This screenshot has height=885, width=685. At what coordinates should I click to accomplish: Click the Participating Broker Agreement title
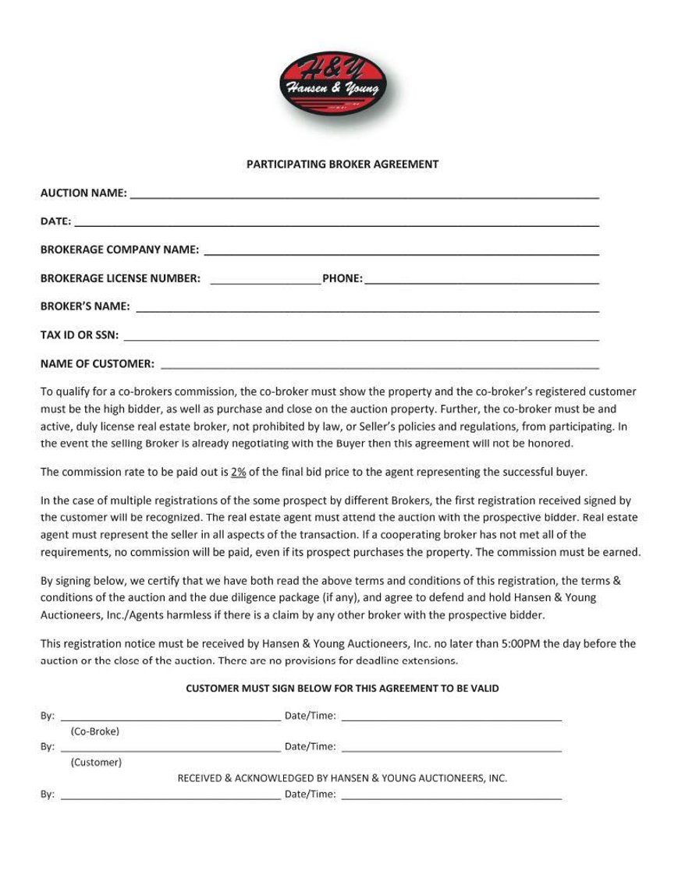342,165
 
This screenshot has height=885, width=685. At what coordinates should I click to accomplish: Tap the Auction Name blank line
364,196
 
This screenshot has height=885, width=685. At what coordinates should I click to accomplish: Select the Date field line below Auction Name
336,225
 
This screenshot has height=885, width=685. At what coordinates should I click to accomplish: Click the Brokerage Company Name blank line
401,253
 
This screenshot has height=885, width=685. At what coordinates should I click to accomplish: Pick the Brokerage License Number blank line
265,281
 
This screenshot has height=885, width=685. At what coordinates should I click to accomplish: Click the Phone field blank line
481,281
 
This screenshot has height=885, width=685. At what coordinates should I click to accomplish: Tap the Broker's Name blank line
367,310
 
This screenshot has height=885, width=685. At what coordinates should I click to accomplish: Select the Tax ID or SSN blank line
361,338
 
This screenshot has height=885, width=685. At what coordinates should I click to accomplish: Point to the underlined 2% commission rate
239,472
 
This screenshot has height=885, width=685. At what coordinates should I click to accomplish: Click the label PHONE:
342,278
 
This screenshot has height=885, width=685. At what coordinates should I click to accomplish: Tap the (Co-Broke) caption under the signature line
95,731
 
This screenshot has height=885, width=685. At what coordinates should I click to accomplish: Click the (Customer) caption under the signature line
96,762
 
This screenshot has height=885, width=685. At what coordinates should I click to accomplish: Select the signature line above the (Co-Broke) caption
170,719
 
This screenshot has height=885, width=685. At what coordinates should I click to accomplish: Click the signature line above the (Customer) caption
170,749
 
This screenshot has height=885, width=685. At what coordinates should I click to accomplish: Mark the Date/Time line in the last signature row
452,798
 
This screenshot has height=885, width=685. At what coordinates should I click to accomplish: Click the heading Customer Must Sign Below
342,689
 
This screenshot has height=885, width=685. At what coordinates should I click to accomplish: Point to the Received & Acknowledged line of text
342,778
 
